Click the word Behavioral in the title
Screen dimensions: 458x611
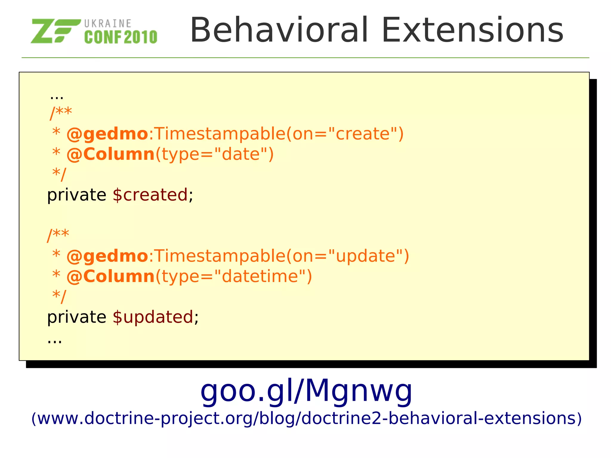click(x=279, y=30)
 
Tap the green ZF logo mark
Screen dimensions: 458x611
click(x=55, y=31)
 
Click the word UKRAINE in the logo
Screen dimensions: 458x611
click(x=108, y=24)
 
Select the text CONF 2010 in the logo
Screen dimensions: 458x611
click(x=121, y=37)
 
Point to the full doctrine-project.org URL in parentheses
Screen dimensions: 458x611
click(x=306, y=418)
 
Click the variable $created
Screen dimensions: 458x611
click(x=150, y=195)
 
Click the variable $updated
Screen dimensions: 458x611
click(x=153, y=317)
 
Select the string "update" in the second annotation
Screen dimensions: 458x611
click(x=366, y=256)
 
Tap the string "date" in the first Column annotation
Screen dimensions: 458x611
click(x=240, y=154)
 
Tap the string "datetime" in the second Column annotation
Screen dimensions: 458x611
click(x=260, y=276)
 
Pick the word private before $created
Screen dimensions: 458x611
click(x=77, y=195)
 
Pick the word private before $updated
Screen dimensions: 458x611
click(x=77, y=317)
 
